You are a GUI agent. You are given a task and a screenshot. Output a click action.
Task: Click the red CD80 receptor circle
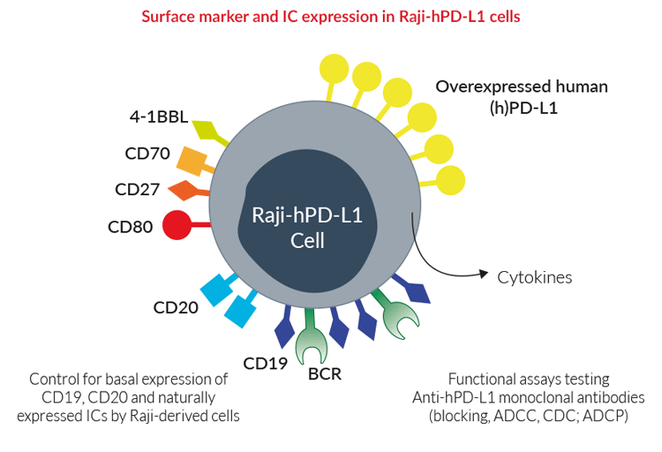[177, 225]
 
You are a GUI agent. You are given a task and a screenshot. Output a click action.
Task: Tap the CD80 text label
[130, 227]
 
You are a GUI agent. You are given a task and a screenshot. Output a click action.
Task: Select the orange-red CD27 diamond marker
[185, 190]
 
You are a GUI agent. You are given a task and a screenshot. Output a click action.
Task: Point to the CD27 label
[137, 189]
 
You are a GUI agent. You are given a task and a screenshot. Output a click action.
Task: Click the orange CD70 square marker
[192, 161]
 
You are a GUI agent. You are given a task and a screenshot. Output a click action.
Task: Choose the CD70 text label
[147, 154]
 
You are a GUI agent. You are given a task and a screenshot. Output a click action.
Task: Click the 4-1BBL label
[159, 117]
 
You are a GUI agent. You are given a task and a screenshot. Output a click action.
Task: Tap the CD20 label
[176, 307]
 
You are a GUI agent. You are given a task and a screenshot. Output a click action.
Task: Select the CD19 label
[265, 364]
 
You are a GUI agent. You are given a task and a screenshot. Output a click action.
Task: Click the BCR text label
[325, 373]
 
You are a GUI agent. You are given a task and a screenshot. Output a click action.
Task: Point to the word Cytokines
[535, 277]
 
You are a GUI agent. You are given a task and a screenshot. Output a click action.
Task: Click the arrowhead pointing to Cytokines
[484, 274]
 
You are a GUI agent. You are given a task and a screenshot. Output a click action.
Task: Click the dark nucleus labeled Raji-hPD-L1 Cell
[307, 222]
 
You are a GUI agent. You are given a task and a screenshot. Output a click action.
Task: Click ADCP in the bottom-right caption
[605, 416]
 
